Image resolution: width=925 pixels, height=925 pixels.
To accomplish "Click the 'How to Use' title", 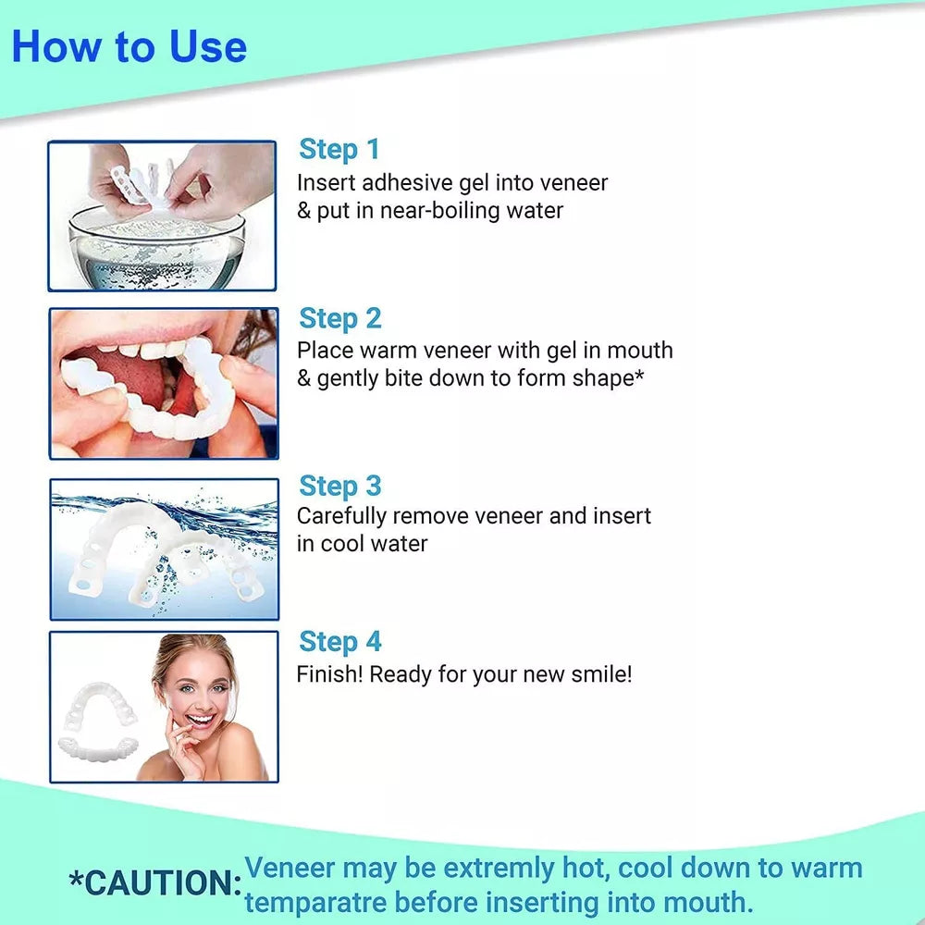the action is pyautogui.click(x=129, y=46).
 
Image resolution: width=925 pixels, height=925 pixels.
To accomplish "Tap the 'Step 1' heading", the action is pyautogui.click(x=339, y=149).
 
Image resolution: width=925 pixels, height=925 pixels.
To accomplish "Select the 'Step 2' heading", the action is pyautogui.click(x=340, y=318).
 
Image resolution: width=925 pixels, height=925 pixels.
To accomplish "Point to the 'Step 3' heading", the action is pyautogui.click(x=340, y=487).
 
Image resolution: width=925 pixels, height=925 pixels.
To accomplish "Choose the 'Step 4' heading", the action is pyautogui.click(x=340, y=642).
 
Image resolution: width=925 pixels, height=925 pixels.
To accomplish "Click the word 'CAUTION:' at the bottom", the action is pyautogui.click(x=155, y=883).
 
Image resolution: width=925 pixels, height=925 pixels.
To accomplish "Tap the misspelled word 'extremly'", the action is pyautogui.click(x=499, y=869).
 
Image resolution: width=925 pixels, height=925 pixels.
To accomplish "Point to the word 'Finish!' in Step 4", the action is pyautogui.click(x=330, y=674).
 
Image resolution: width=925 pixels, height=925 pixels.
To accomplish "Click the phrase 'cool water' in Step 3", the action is pyautogui.click(x=374, y=544).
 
